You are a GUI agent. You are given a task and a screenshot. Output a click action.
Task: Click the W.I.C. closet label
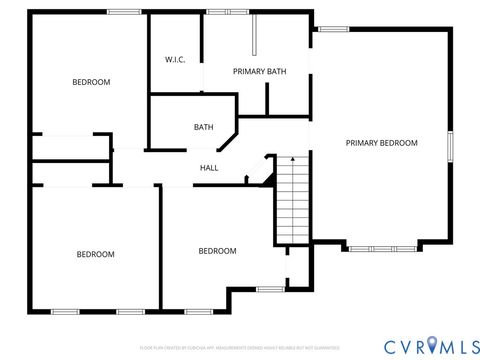coord(175,59)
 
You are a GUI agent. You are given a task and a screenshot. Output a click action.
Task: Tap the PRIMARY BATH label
coord(258,72)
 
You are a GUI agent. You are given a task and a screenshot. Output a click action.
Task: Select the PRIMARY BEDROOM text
coord(381,143)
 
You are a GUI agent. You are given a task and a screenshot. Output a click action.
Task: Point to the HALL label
coord(209,168)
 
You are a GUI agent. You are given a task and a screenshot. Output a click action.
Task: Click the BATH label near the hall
coord(204,127)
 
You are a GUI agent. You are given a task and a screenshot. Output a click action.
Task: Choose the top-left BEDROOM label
coord(91,82)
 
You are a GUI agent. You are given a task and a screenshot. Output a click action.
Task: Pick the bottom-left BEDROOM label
coord(96,254)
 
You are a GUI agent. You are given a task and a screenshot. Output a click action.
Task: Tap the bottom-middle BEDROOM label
coord(217,251)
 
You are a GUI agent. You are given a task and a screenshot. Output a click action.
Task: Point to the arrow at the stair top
coord(291,159)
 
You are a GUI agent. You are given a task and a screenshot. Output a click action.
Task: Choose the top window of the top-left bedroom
coord(123,12)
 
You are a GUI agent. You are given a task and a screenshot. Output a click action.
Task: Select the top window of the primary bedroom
coord(334,29)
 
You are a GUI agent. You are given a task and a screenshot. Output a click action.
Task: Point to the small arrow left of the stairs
coord(245,181)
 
